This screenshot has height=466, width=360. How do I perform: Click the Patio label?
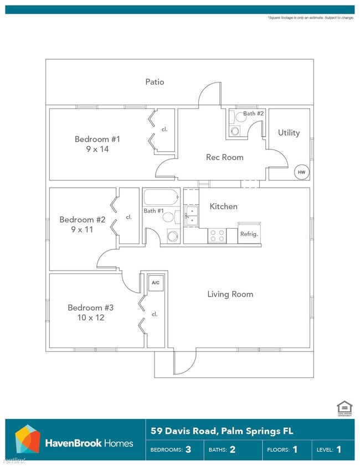point(155,82)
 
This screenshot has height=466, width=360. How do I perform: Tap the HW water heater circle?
point(301,172)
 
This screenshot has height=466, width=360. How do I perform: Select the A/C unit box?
point(156,283)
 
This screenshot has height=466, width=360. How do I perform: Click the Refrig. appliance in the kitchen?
point(249,234)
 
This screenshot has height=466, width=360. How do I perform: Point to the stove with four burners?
point(217,236)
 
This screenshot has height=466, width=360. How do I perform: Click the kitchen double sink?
point(191,216)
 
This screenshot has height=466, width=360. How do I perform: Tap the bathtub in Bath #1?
point(161,197)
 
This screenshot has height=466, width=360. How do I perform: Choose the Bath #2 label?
point(254,113)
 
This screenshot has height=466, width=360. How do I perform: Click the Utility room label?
point(289,133)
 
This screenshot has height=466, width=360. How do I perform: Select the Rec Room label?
point(224,157)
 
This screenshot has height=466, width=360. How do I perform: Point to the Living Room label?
point(230,294)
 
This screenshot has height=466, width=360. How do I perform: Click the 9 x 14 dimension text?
point(97,149)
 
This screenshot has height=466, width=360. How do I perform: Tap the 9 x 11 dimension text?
point(82,229)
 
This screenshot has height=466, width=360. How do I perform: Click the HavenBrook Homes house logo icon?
point(27,439)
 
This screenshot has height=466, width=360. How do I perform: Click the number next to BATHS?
point(232,449)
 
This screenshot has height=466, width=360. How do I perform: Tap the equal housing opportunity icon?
point(344,409)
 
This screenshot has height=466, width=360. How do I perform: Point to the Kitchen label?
point(223,206)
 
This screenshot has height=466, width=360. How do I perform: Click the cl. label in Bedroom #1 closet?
point(164,130)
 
